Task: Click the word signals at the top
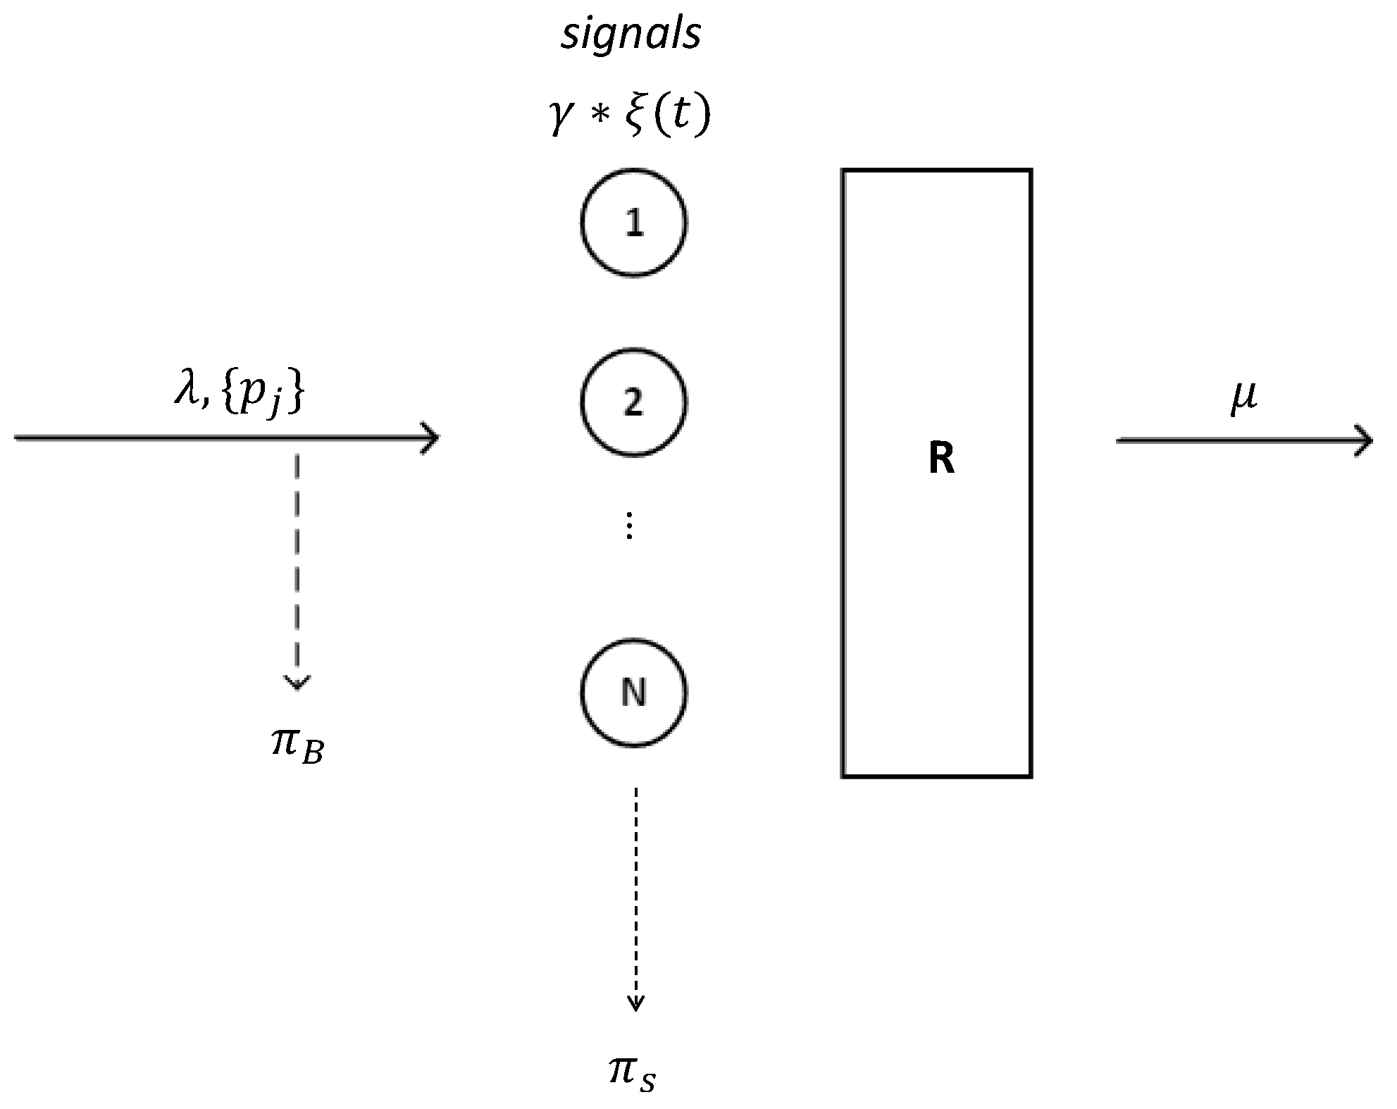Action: click(x=631, y=35)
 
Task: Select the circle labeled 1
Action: click(x=633, y=223)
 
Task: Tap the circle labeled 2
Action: click(x=633, y=402)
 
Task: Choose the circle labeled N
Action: click(x=633, y=693)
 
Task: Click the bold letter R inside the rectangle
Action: click(x=941, y=459)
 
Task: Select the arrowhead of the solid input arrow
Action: click(x=431, y=438)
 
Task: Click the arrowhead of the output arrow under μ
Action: click(x=1365, y=441)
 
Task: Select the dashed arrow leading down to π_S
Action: click(x=635, y=895)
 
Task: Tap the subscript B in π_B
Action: click(x=312, y=754)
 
